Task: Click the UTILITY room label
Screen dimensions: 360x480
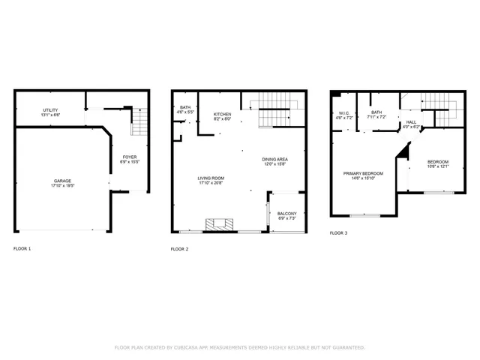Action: coord(51,110)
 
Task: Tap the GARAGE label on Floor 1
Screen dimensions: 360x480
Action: coord(62,181)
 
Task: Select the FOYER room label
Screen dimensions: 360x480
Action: coord(130,157)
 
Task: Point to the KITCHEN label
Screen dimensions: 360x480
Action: coord(222,114)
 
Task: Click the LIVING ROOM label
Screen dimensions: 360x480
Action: coord(211,178)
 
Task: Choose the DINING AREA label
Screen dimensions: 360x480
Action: coord(275,159)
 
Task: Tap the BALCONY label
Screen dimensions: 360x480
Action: coord(286,214)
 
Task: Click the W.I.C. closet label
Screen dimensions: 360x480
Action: coord(343,113)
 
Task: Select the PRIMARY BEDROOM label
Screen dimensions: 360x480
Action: coord(363,173)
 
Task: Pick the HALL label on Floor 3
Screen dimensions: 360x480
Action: coord(411,122)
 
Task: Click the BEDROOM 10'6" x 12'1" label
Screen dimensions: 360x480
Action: coord(438,163)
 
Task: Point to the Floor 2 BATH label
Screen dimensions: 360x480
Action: coord(185,107)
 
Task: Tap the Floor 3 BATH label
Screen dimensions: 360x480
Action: coord(376,113)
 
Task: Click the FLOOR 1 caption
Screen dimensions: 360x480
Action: coord(22,248)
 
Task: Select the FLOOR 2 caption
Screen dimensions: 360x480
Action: coord(179,248)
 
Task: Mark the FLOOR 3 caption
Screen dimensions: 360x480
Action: coord(338,233)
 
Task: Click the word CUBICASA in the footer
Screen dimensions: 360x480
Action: coord(190,347)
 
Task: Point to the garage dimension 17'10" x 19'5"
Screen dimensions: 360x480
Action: coord(62,185)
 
